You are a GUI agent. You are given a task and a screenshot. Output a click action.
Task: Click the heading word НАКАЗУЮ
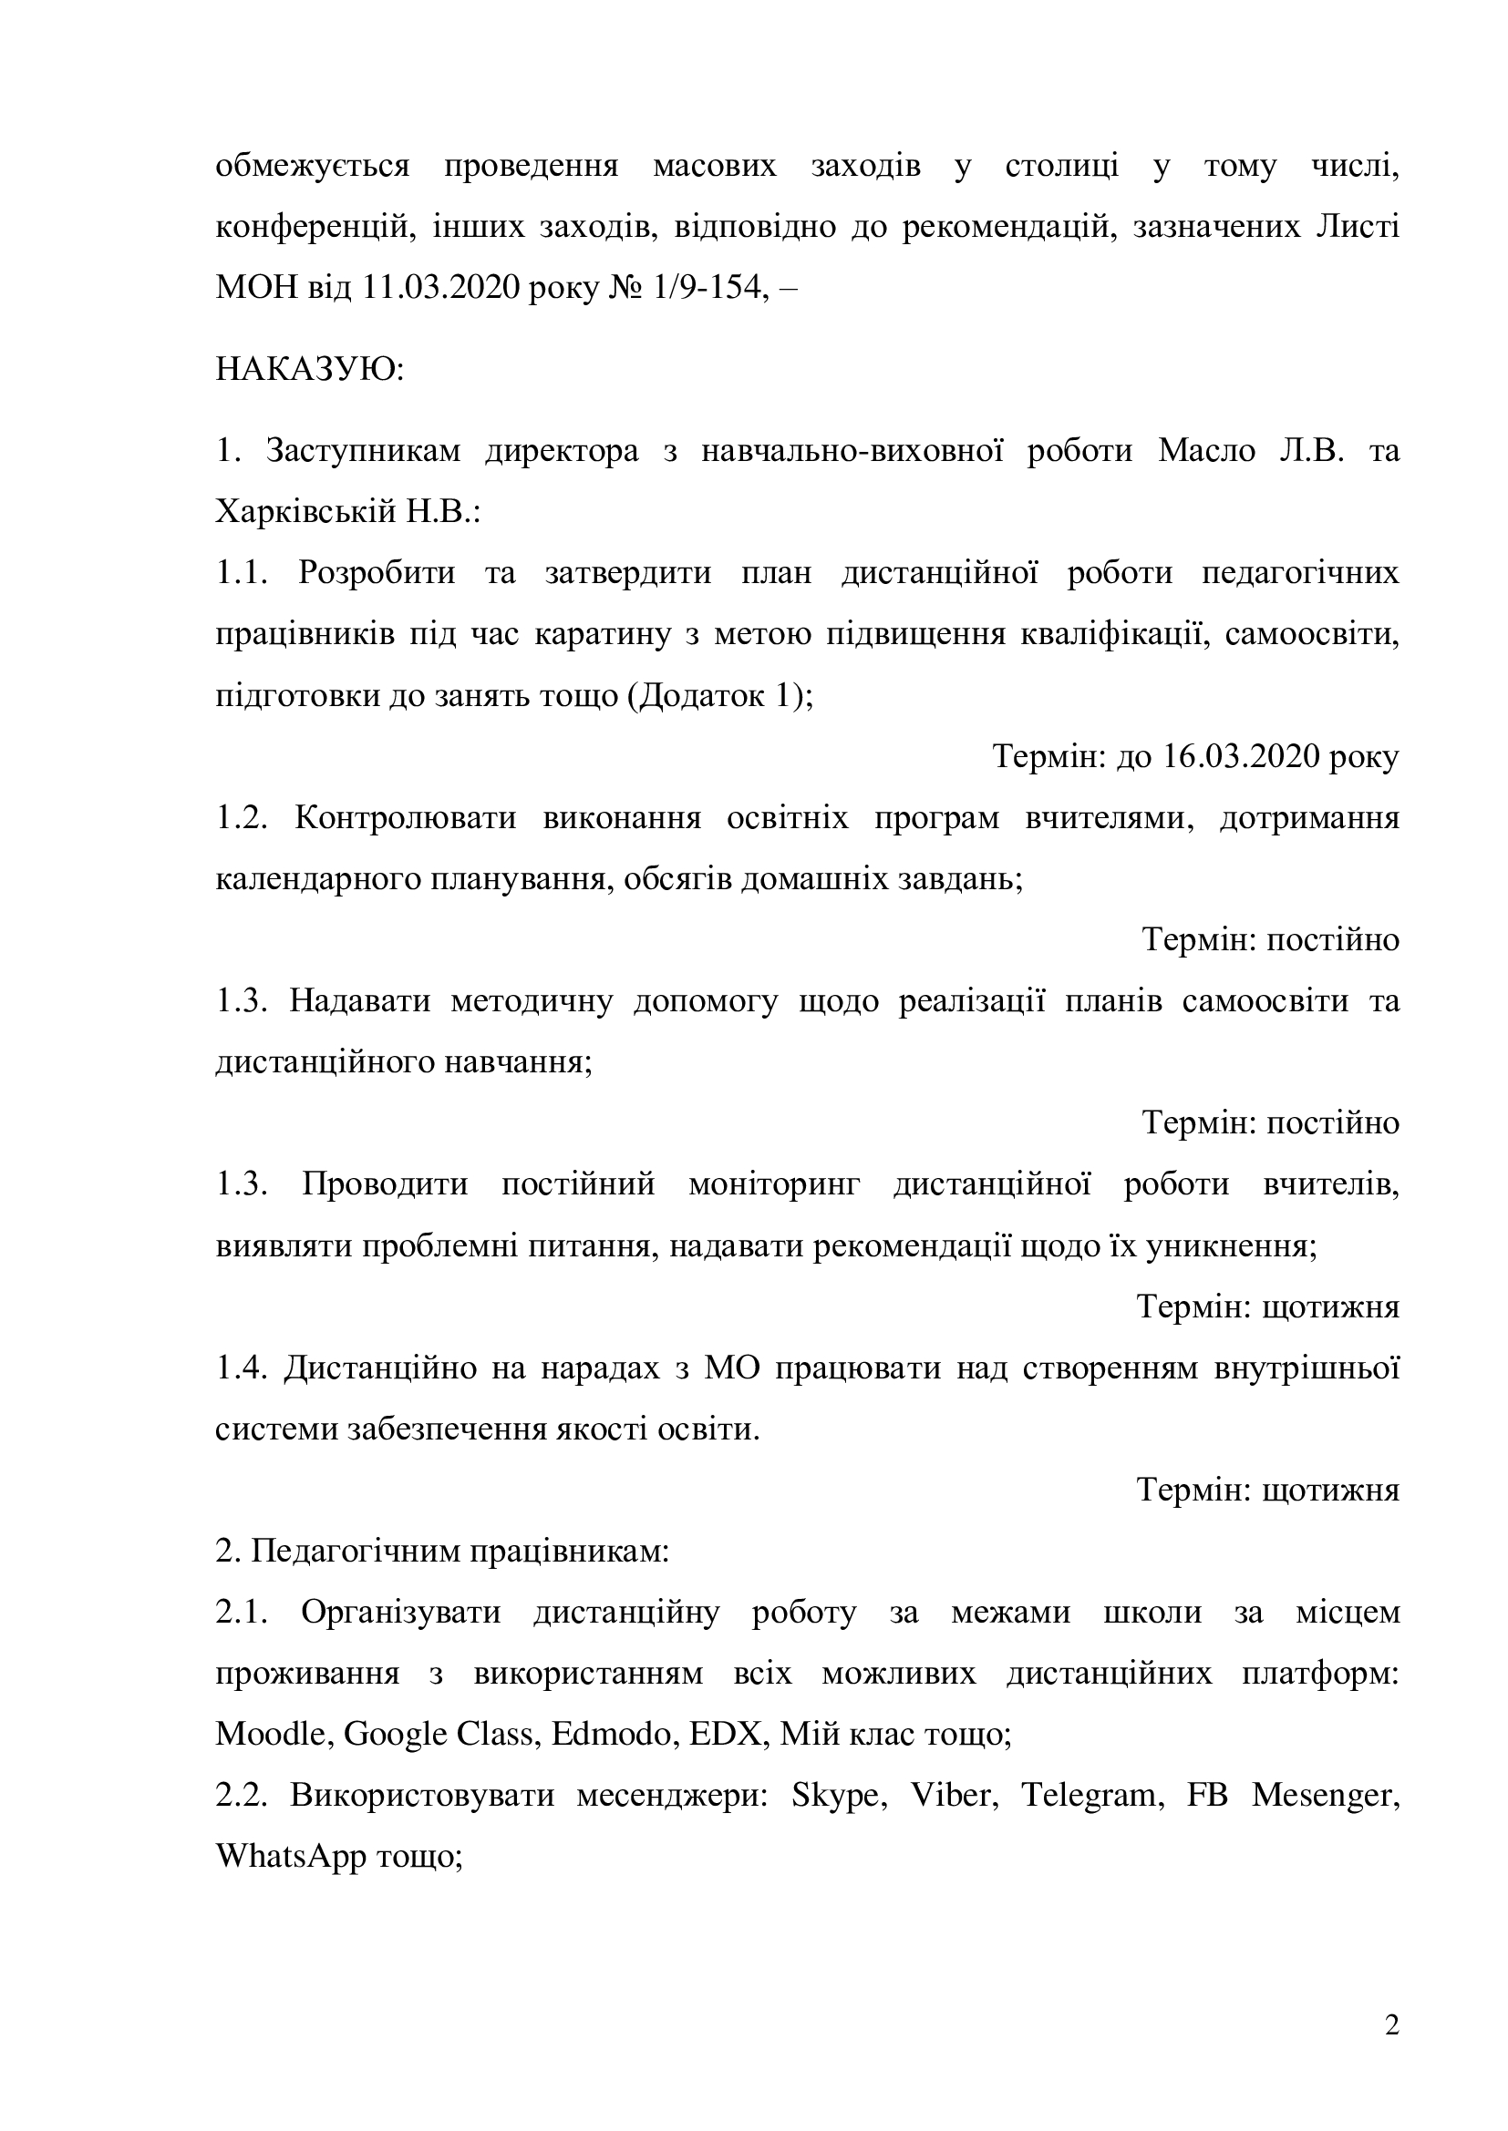(x=309, y=371)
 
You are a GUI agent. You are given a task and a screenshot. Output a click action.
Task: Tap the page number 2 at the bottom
(x=1391, y=2026)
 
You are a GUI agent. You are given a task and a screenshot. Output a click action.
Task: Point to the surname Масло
(x=1206, y=452)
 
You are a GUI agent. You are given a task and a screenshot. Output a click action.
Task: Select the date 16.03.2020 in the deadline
(x=1241, y=757)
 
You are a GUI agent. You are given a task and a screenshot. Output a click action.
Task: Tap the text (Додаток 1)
(x=718, y=696)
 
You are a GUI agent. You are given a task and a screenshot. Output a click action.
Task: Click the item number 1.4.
(x=240, y=1368)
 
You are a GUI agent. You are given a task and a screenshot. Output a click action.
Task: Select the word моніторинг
(x=774, y=1185)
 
